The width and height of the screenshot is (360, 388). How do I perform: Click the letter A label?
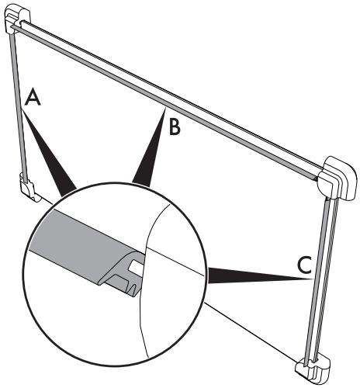[x=33, y=97]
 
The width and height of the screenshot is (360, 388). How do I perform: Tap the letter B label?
[x=175, y=126]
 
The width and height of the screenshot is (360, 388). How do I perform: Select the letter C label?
[x=304, y=265]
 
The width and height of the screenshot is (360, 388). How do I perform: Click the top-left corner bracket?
[x=18, y=21]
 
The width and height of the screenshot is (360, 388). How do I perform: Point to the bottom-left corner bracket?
[x=29, y=187]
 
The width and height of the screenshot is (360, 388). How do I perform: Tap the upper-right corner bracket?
[x=338, y=178]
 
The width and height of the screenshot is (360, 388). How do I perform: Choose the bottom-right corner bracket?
[x=313, y=370]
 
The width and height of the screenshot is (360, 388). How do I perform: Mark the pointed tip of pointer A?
[x=22, y=109]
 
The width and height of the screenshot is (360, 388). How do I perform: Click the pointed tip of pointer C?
[x=313, y=279]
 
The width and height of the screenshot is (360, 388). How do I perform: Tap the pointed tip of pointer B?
[x=165, y=109]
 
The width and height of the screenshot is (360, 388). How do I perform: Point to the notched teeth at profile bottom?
[x=134, y=290]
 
